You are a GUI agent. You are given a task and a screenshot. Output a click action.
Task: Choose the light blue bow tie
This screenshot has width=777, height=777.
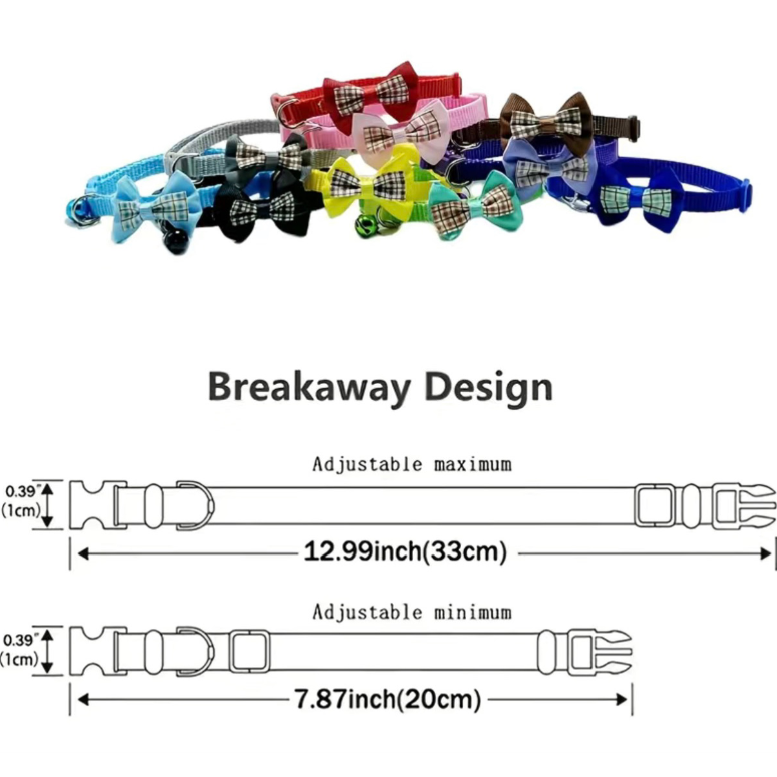[x=157, y=206]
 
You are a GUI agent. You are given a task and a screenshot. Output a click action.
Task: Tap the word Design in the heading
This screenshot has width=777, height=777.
[x=489, y=387]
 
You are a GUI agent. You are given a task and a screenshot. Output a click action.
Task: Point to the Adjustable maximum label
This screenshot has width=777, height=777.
[x=412, y=464]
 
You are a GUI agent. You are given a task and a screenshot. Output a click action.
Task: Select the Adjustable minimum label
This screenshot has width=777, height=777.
[x=412, y=613]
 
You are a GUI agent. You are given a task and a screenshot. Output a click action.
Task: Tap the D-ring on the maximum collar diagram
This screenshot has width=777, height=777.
[x=196, y=505]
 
